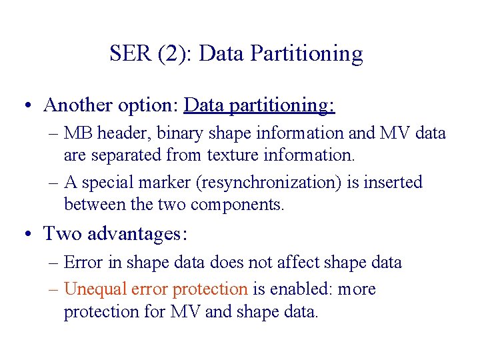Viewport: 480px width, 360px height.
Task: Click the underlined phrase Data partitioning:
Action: point(259,105)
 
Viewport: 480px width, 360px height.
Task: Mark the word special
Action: point(105,182)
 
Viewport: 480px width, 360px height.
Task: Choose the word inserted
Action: point(396,182)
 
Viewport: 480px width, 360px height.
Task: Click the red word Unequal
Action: point(93,289)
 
